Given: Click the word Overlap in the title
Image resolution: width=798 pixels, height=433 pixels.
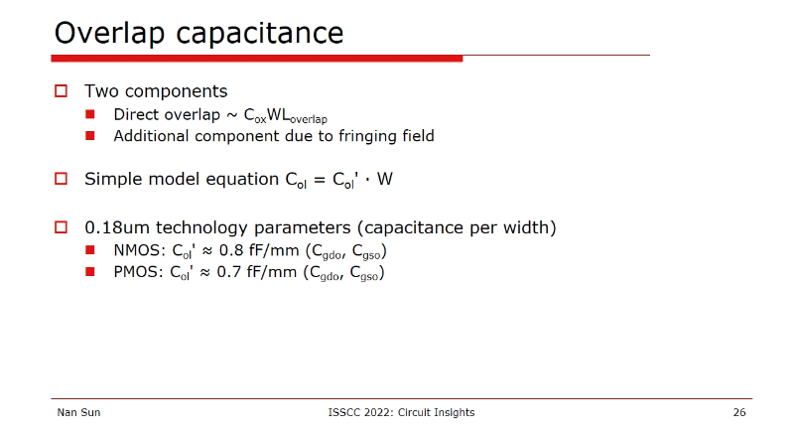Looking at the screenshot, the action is click(x=109, y=34).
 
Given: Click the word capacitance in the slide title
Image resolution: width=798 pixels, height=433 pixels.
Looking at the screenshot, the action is click(x=260, y=34).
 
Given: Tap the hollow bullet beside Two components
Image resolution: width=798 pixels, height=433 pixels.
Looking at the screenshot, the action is click(x=62, y=91).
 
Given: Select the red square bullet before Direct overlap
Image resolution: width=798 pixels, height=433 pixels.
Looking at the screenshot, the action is click(x=90, y=114).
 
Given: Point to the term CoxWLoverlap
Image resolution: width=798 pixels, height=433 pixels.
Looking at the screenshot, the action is click(x=286, y=116).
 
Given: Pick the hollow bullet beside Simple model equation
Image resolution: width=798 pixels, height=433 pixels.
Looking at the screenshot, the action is click(x=62, y=179).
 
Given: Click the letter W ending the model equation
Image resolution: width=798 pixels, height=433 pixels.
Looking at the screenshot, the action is click(x=385, y=179).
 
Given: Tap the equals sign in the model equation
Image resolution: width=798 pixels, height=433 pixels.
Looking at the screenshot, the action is click(x=320, y=180).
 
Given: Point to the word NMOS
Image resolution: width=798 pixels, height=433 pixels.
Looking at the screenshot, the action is click(x=136, y=251).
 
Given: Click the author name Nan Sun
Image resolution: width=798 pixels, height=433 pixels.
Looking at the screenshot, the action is click(x=78, y=412).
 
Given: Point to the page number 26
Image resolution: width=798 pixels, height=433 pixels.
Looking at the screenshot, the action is click(x=739, y=412).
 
